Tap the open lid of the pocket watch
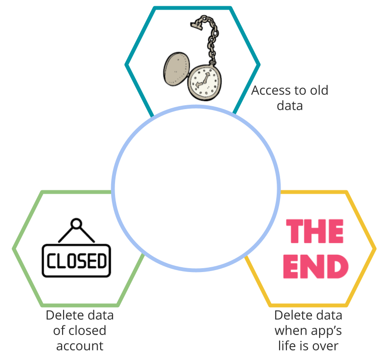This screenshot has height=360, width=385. point(176,69)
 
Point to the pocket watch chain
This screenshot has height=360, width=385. point(211,39)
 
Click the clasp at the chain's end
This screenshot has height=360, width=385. point(197,25)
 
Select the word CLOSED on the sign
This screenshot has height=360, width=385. point(77,261)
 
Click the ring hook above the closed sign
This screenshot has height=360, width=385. point(76,223)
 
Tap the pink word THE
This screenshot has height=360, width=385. point(315,231)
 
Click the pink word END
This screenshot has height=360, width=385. point(316,266)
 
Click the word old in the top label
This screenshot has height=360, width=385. point(319,90)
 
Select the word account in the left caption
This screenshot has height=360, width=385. point(80,346)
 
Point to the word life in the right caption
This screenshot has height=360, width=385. point(286,346)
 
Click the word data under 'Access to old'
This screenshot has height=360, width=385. point(290,106)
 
